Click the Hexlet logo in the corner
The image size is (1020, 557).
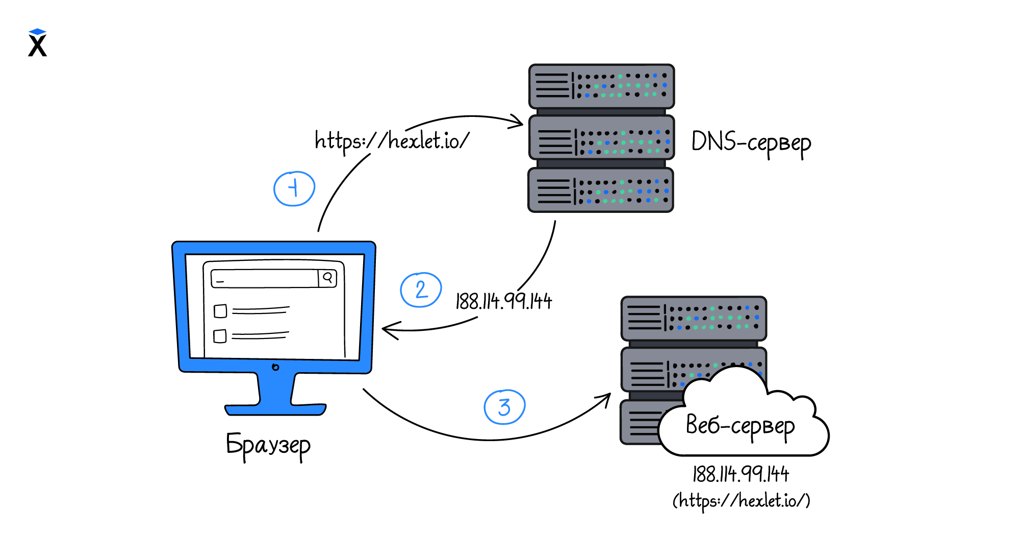coord(37,43)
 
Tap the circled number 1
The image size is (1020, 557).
coord(294,189)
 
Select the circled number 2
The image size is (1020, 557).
coord(421,290)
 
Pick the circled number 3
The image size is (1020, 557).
coord(504,407)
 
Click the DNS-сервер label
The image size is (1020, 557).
coord(751,143)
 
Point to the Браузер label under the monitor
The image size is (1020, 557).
coord(268,445)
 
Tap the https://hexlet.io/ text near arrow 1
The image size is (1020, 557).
coord(392,140)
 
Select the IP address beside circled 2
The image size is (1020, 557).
coord(503,301)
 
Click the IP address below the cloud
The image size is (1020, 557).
coord(741,474)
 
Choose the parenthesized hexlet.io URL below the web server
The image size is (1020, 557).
coord(741,500)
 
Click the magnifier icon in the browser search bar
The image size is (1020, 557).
coord(328,278)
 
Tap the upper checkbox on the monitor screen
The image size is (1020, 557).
coord(220,311)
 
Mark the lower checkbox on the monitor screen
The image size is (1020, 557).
coord(220,336)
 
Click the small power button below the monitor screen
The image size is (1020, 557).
coord(275,367)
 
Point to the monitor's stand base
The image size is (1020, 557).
coord(275,409)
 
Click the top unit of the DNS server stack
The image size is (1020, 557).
coord(602,86)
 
